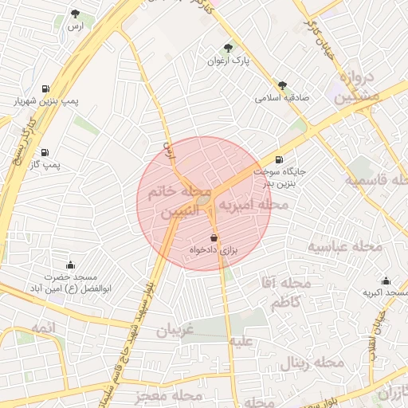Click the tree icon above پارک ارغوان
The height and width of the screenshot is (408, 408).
tap(229, 48)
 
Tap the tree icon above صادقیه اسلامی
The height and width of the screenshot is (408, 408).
tap(282, 85)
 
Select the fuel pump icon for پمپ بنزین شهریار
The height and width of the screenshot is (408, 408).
tap(43, 88)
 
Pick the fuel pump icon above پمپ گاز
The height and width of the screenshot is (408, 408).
tap(43, 152)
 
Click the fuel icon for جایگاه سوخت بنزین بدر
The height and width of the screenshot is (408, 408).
tap(278, 159)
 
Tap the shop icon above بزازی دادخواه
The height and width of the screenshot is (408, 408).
tap(213, 237)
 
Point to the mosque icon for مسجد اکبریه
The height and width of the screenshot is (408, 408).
tap(386, 280)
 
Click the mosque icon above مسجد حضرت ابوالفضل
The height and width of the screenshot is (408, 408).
tap(70, 265)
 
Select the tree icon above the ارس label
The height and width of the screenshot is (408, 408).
tap(75, 14)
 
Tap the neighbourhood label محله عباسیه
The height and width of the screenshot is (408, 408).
tap(346, 247)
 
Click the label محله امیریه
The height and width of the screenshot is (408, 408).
tap(253, 206)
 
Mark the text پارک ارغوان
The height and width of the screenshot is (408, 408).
tap(229, 61)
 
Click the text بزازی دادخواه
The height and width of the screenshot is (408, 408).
tap(214, 250)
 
